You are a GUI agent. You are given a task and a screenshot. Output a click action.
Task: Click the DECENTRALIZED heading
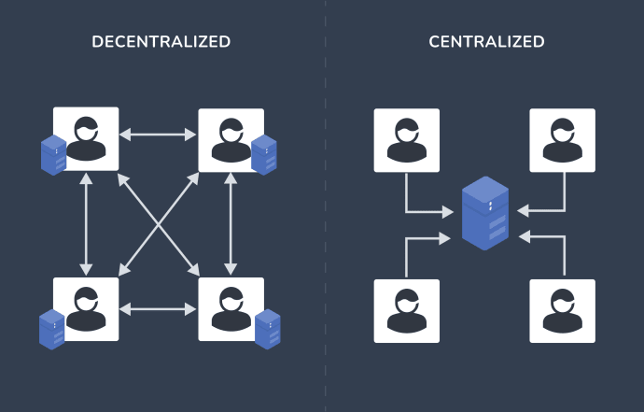(x=161, y=42)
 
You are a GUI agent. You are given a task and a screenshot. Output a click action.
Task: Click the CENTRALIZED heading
(x=486, y=42)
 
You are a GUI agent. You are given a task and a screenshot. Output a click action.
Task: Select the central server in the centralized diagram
(x=485, y=213)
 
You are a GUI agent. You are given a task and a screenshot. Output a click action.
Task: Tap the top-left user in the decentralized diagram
(x=86, y=139)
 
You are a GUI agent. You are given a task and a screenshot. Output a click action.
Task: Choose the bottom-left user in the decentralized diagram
(x=86, y=309)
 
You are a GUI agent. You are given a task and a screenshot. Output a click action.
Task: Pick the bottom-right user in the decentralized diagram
(x=231, y=309)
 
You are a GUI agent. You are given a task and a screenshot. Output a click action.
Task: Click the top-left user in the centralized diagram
(x=407, y=140)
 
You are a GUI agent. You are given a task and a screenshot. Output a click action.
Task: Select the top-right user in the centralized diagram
(x=563, y=140)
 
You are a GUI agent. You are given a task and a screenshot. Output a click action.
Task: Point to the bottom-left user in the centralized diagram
(x=407, y=310)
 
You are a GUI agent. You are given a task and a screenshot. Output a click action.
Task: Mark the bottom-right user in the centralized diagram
(x=563, y=310)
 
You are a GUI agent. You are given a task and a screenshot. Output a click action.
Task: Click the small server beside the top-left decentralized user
(x=54, y=155)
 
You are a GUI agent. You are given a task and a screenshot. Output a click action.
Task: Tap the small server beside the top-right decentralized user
(x=264, y=155)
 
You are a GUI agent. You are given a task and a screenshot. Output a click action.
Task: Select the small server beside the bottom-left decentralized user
(x=52, y=329)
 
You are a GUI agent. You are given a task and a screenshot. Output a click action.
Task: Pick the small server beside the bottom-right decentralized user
(x=268, y=329)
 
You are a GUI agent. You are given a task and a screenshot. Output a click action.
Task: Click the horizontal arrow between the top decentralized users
(x=159, y=135)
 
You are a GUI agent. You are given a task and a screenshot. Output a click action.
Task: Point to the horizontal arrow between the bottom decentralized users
(x=159, y=307)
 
